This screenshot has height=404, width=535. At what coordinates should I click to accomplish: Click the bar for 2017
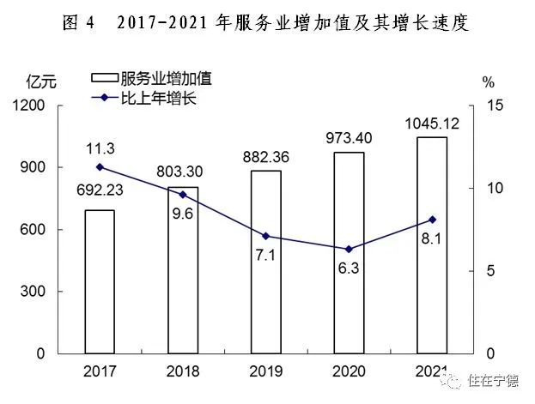99,281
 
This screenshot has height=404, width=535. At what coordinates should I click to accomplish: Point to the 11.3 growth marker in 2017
99,166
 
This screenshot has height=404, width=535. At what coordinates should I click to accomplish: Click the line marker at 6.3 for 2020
349,250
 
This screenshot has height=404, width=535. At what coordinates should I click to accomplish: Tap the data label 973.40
349,137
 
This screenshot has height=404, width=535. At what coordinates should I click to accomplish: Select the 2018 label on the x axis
182,371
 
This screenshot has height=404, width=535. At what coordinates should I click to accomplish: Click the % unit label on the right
489,82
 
